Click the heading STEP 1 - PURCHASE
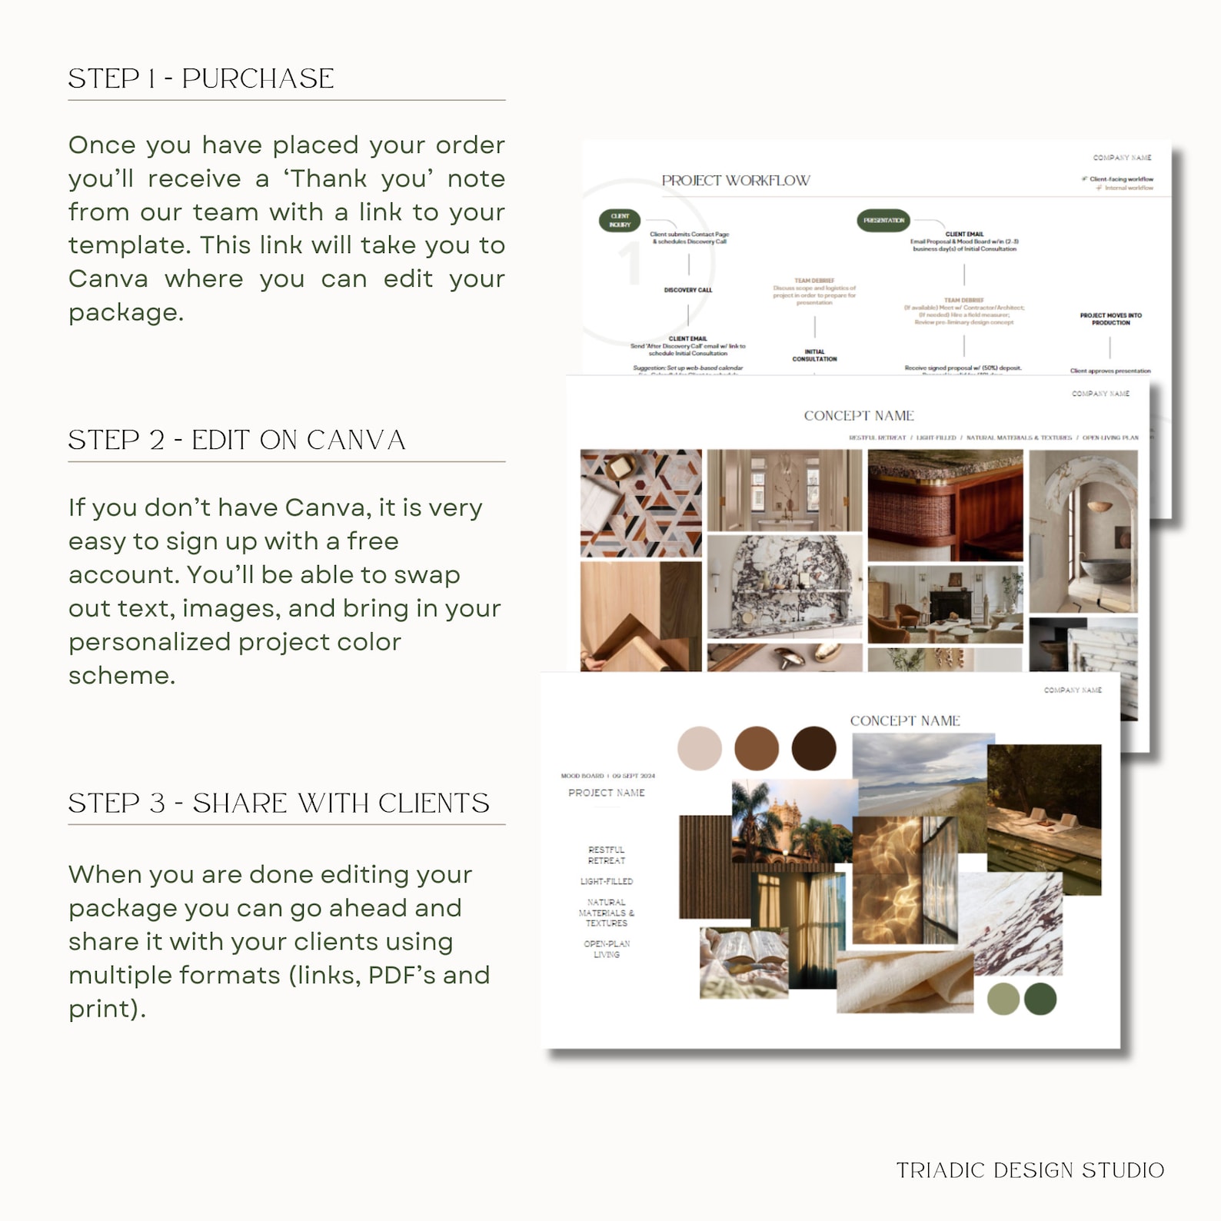(x=201, y=78)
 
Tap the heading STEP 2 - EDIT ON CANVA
(x=237, y=440)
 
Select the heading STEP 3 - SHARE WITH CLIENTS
(x=278, y=803)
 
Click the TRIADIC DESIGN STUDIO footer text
(x=1030, y=1169)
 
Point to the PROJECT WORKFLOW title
(x=736, y=181)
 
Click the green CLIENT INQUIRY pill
(x=620, y=221)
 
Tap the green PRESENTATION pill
(x=883, y=221)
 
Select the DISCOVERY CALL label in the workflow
(x=688, y=290)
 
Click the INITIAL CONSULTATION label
(x=814, y=355)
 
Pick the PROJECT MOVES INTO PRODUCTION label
(x=1110, y=319)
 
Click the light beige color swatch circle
(x=699, y=748)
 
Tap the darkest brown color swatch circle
(x=813, y=748)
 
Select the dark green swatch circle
(x=1040, y=999)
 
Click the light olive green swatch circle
(x=1003, y=999)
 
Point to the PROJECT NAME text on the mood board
(x=607, y=793)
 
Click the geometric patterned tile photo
(x=640, y=503)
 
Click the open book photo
(x=742, y=961)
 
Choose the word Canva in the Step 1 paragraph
(x=108, y=278)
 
